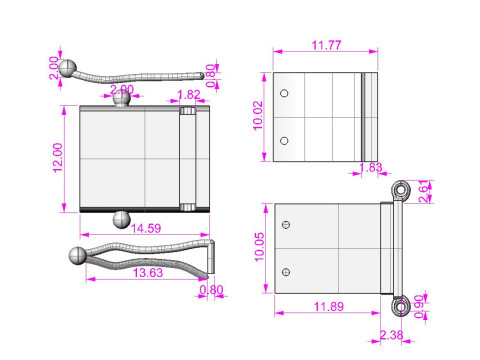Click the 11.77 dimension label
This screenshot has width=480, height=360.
point(326,45)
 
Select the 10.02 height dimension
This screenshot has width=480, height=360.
point(258,115)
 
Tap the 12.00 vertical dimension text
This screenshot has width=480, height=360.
point(58,158)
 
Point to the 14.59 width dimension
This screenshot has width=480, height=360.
point(146,228)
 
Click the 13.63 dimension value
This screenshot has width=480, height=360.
point(148,273)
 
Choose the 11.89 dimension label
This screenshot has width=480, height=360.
point(329,306)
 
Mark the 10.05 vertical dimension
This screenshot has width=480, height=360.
point(259,247)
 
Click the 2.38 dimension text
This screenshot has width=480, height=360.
point(391,335)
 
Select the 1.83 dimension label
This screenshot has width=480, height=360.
point(371,167)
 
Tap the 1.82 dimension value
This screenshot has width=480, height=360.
point(189,95)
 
